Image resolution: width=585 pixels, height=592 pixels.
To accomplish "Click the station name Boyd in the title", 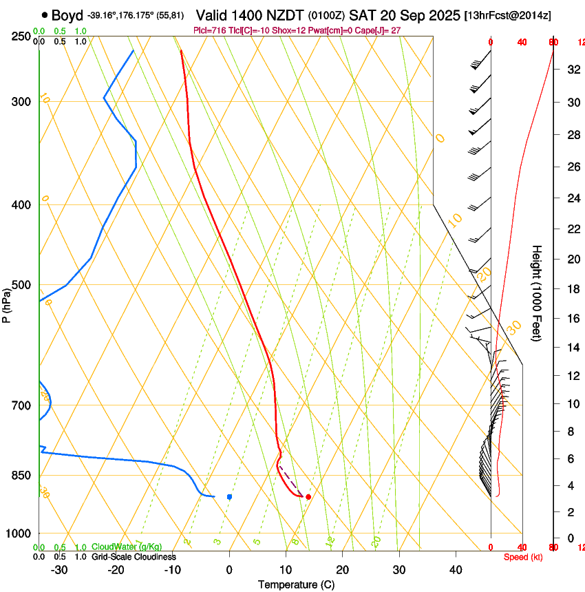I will [x=67, y=15].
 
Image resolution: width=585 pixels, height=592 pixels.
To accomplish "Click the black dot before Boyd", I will [x=45, y=15].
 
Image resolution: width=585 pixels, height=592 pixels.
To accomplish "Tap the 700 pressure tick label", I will [x=21, y=405].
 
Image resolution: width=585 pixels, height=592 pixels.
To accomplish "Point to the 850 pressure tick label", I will [x=21, y=475].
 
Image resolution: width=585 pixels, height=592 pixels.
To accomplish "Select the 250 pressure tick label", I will [x=21, y=36].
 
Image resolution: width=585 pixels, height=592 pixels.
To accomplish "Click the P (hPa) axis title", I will [x=6, y=304].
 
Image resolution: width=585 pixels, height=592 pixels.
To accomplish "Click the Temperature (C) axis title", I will [x=296, y=584].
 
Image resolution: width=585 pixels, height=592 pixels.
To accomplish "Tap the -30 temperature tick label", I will [x=59, y=569].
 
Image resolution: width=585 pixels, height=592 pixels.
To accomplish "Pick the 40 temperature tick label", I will [x=456, y=569].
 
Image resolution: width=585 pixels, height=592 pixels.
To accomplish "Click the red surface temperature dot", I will [x=308, y=496].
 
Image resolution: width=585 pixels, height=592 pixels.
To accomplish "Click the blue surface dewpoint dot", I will [x=229, y=496].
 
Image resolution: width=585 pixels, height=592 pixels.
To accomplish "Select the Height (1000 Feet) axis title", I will [x=538, y=293].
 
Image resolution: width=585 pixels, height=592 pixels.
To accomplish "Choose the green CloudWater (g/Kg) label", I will [x=127, y=547].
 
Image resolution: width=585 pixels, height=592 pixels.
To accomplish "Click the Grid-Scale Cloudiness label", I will [x=134, y=556].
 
